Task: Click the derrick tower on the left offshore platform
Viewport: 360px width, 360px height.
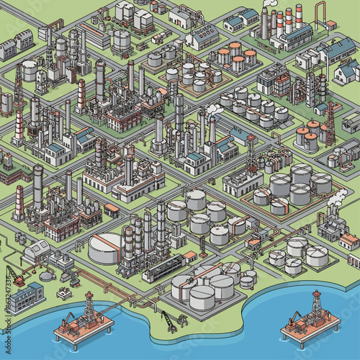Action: pos(89,307)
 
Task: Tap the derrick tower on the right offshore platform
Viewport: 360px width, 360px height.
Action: pos(315,305)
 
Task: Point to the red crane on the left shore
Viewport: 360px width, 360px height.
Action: pos(16,276)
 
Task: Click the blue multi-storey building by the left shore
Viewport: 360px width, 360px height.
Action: pos(25,297)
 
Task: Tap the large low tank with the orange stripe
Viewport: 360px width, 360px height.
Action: pos(107,248)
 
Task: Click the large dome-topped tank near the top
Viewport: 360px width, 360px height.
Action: pos(121,40)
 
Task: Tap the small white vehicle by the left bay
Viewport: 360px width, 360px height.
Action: pos(66,292)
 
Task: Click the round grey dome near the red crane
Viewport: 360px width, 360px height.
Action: pos(47,274)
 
